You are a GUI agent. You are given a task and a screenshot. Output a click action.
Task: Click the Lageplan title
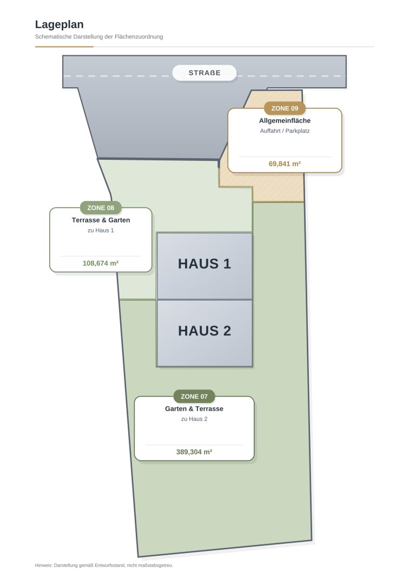click(x=59, y=24)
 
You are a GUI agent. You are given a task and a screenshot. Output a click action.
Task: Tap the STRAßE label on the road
click(x=205, y=73)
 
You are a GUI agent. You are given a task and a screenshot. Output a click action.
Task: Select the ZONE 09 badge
click(x=285, y=108)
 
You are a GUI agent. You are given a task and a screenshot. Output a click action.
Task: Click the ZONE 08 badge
click(x=101, y=207)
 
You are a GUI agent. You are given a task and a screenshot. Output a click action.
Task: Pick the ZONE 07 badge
click(x=194, y=396)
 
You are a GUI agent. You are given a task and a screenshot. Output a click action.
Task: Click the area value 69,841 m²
click(x=285, y=164)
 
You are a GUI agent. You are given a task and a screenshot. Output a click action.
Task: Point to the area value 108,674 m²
click(x=101, y=263)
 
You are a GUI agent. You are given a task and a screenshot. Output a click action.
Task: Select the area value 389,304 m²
click(x=194, y=452)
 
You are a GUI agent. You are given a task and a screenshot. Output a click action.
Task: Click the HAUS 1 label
click(x=205, y=264)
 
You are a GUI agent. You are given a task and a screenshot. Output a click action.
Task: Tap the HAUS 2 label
click(x=205, y=331)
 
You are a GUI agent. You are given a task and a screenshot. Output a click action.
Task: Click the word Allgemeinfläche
click(x=285, y=121)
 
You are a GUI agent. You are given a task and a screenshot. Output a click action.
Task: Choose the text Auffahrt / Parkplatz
click(x=285, y=131)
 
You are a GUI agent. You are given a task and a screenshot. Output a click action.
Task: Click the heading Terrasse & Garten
click(x=101, y=220)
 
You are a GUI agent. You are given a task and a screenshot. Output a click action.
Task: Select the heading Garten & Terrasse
click(x=194, y=409)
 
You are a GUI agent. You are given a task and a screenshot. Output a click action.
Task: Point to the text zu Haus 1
click(x=101, y=230)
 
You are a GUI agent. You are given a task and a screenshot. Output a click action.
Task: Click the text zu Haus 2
click(x=194, y=419)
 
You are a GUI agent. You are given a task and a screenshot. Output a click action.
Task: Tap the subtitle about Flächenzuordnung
click(x=99, y=37)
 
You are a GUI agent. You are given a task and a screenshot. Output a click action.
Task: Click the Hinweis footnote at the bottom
click(x=104, y=565)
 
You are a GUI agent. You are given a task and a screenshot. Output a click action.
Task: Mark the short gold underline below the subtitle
click(x=64, y=47)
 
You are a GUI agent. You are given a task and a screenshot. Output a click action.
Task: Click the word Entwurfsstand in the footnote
click(x=113, y=565)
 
